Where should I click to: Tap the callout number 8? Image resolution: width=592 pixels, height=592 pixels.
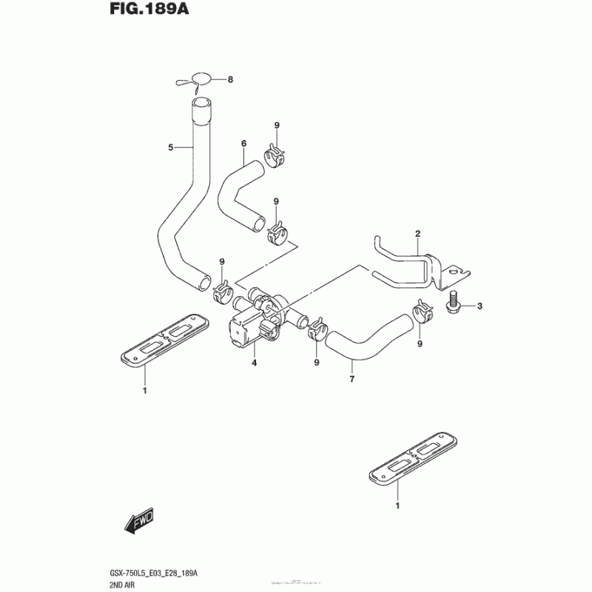coord(230,79)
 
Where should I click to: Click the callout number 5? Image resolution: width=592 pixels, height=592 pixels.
coord(170,148)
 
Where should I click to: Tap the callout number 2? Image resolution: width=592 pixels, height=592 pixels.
coord(417,234)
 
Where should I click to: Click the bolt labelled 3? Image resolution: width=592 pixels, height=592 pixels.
coord(453,304)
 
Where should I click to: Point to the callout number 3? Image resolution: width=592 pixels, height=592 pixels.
coord(479,306)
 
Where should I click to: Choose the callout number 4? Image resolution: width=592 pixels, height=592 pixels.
coord(254,363)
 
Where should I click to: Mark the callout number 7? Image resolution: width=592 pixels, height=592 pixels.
coord(352,380)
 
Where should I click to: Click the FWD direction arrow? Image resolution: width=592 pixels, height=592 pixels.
coord(140,525)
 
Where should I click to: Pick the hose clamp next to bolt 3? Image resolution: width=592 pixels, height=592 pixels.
coord(423,312)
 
